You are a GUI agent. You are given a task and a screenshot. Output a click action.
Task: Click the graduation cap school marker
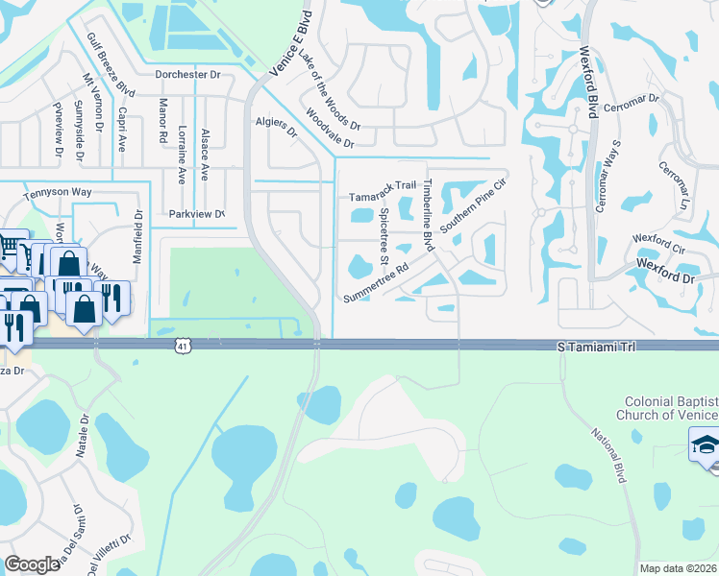tap(706, 445)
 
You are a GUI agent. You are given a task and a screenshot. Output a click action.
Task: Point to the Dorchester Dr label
tap(187, 74)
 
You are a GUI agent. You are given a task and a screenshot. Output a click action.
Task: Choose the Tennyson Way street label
tap(60, 192)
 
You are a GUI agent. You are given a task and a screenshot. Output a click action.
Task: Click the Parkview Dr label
tap(196, 214)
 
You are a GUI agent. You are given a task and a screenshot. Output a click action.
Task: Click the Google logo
tap(33, 564)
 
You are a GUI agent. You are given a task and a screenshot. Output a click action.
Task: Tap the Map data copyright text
tap(679, 568)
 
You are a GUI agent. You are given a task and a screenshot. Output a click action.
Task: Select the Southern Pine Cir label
tap(473, 204)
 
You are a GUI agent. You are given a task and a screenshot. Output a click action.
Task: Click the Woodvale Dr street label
tap(330, 130)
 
